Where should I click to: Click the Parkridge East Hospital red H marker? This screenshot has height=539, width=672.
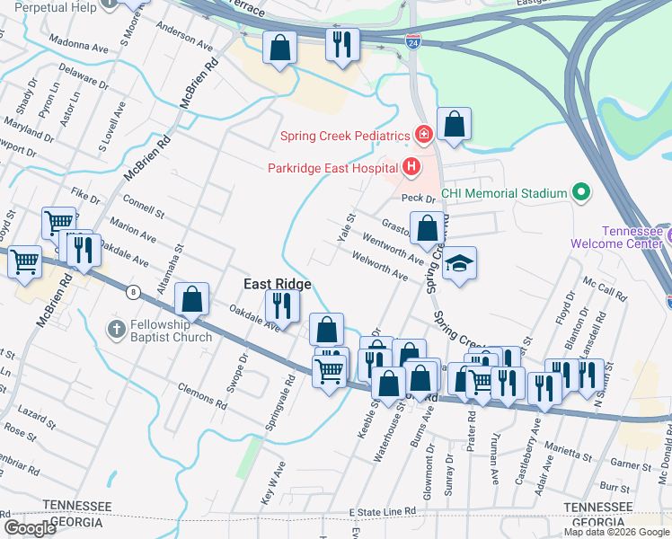(411, 166)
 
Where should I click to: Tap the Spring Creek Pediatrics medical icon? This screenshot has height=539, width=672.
(423, 136)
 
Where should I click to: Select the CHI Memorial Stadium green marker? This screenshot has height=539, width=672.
(581, 192)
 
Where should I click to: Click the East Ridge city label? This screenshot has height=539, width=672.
(279, 284)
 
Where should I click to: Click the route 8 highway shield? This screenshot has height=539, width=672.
(133, 291)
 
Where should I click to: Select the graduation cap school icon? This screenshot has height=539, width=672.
(459, 263)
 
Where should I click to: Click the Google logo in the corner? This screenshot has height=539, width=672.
(29, 528)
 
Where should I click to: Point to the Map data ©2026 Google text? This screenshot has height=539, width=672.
(616, 532)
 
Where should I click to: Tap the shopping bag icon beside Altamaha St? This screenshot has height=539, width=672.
(191, 299)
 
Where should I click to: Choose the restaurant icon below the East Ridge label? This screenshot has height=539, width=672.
(281, 306)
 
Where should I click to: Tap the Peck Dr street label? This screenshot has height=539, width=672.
(418, 198)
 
